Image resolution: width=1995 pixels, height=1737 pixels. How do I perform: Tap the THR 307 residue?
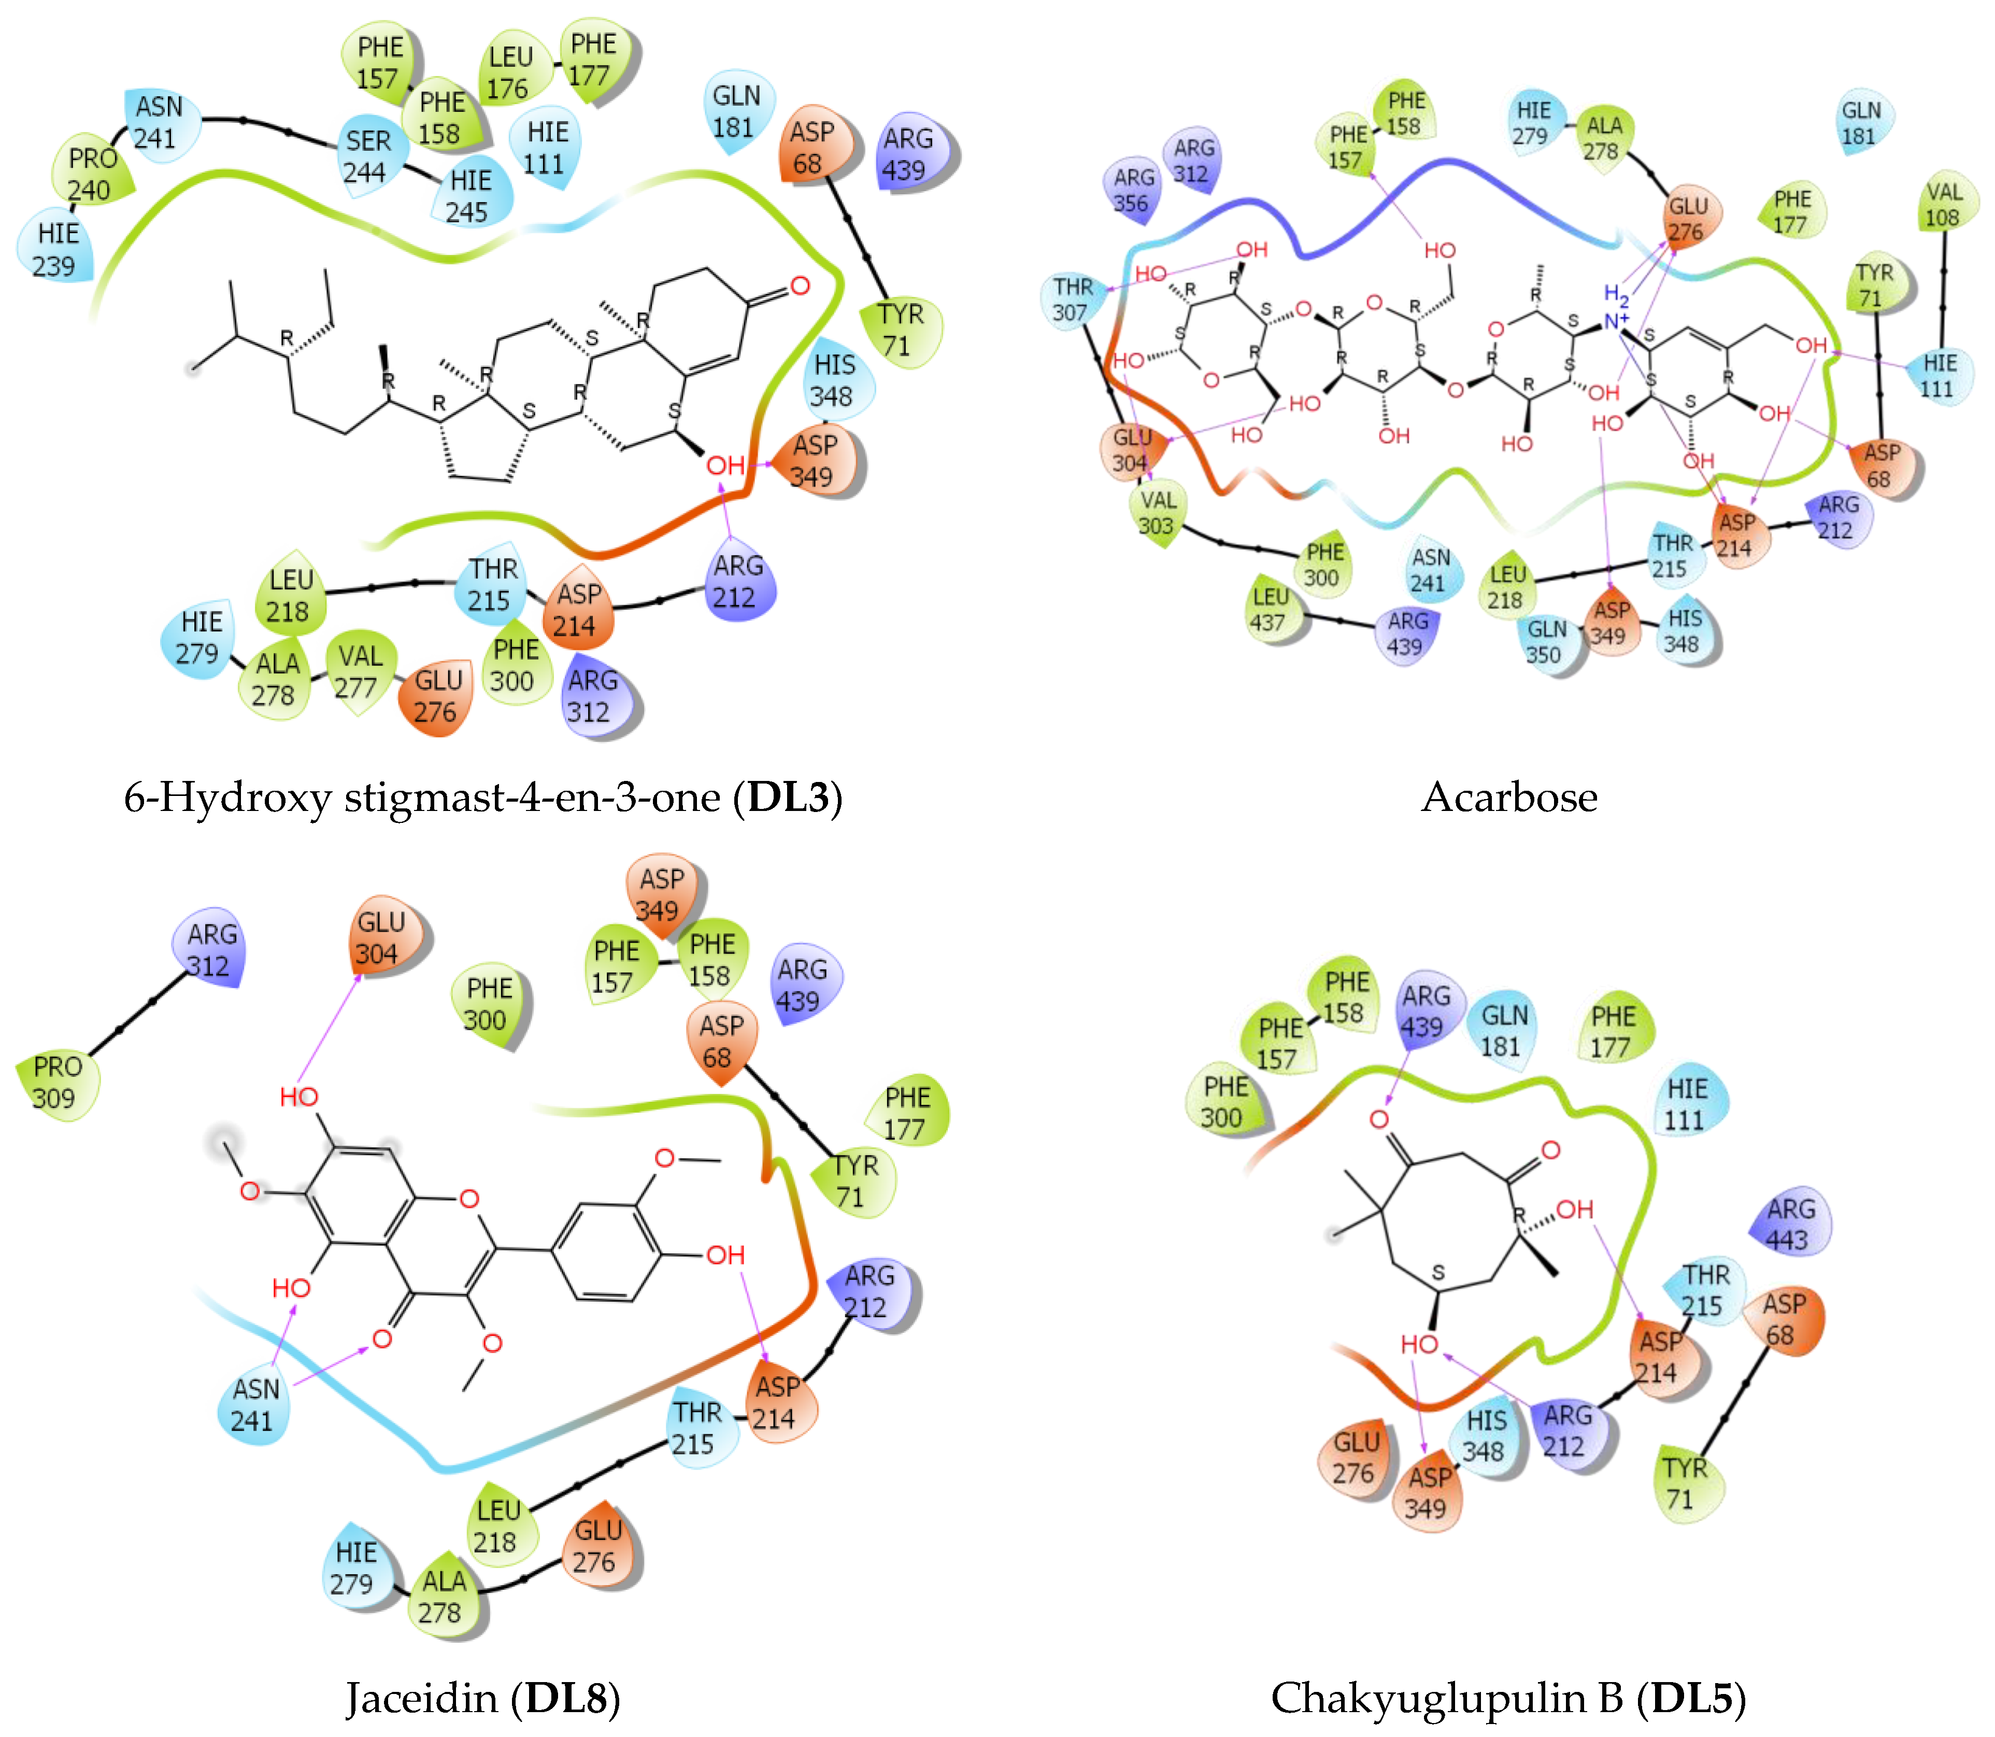[x=1072, y=300]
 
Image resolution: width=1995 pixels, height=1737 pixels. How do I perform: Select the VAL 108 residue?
[x=1944, y=205]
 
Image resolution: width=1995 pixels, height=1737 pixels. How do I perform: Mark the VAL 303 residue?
[x=1157, y=513]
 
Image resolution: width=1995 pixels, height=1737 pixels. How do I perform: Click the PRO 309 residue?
[x=56, y=1083]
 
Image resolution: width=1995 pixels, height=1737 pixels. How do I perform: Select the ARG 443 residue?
[x=1789, y=1224]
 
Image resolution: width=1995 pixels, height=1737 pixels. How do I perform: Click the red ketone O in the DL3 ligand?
[x=799, y=286]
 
